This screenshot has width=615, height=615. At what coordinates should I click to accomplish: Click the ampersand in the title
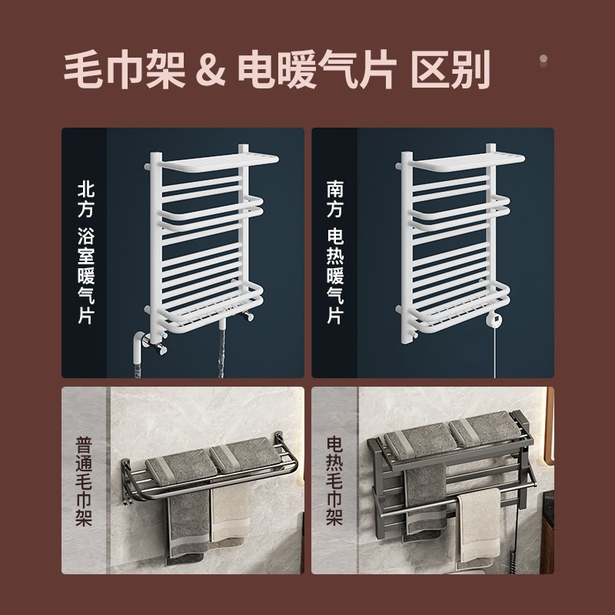211,71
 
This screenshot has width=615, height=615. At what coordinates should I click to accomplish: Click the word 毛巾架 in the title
124,70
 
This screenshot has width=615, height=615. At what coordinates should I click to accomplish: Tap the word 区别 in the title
451,70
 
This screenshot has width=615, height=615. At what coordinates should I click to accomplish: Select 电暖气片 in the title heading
317,70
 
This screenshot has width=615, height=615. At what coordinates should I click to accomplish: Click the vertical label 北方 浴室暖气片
86,253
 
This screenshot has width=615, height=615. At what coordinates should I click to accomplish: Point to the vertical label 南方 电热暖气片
335,253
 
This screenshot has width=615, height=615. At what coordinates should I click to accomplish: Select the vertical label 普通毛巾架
84,482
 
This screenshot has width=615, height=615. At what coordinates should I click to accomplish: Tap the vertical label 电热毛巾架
334,482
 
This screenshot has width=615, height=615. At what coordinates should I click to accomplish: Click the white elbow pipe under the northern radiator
138,348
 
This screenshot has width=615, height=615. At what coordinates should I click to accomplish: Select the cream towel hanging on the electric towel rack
480,526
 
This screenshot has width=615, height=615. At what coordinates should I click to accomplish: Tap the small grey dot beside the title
544,59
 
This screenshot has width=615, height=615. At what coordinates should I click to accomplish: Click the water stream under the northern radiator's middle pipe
222,353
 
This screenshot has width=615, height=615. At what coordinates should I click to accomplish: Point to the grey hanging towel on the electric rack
425,499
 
